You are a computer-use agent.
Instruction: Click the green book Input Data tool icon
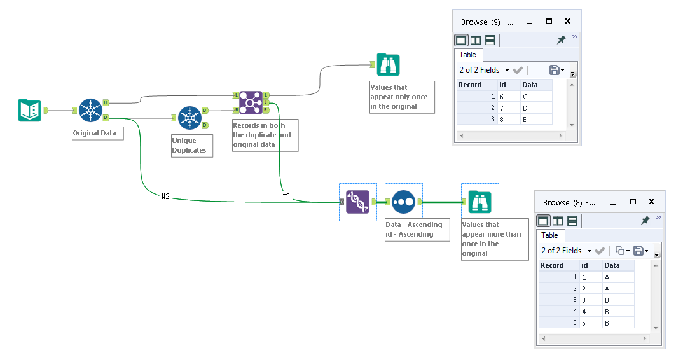pos(29,111)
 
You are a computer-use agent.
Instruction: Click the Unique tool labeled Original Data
pos(91,111)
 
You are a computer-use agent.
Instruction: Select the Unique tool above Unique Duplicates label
pos(190,118)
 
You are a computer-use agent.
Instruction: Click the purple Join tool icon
pos(251,102)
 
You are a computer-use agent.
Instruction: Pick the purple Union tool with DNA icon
pos(357,202)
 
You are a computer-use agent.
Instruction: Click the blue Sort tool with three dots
pos(403,202)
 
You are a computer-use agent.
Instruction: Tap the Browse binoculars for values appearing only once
pos(388,65)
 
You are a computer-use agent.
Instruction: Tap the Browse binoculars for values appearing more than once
pos(479,202)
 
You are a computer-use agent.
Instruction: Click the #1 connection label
pos(286,196)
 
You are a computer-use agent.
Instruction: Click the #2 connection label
pos(165,197)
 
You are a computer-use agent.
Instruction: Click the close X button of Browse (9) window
pos(567,22)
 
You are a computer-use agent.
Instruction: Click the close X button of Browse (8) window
pos(651,202)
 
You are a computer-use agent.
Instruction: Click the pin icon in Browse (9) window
pos(561,40)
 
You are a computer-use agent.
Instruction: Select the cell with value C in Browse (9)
pos(535,96)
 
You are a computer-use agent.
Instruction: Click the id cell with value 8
pos(507,119)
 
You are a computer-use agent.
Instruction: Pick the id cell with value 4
pos(590,311)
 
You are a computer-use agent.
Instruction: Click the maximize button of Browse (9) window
pos(549,22)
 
